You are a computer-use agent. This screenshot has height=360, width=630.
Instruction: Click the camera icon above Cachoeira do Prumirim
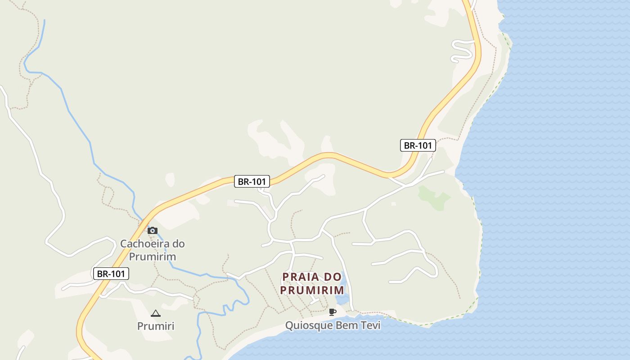click(x=153, y=230)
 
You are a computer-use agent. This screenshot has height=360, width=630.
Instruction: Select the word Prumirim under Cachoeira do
click(x=152, y=256)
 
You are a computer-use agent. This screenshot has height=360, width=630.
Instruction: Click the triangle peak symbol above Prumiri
click(x=156, y=313)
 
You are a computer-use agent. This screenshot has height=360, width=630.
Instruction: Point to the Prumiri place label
click(x=156, y=326)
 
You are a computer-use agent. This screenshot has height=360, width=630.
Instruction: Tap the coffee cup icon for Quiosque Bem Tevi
click(x=333, y=312)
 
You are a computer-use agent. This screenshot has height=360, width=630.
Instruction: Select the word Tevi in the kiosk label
click(x=369, y=325)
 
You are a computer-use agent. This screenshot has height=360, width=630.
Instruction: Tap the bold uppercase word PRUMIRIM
click(x=312, y=290)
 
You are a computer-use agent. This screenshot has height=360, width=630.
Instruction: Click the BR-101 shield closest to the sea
click(x=418, y=145)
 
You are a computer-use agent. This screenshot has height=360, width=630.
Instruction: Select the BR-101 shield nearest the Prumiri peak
click(x=111, y=274)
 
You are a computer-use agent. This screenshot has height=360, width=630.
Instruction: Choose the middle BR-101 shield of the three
click(x=252, y=182)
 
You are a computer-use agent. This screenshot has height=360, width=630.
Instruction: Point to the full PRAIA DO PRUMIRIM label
click(x=312, y=283)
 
